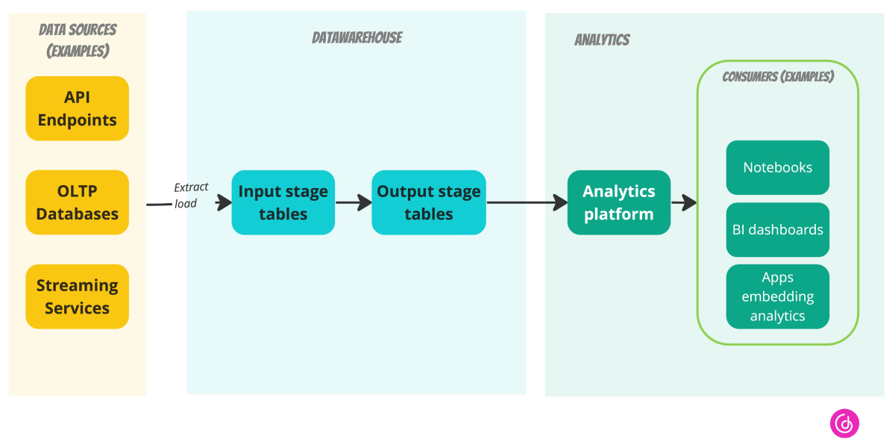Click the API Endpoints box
78,108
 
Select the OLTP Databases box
78,202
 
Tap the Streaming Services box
78,296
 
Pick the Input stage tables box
283,202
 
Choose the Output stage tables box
429,202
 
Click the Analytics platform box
619,202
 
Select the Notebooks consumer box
778,167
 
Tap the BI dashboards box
778,230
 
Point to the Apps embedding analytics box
778,296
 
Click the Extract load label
191,195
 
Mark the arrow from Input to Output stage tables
354,202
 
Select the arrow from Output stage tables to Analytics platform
527,202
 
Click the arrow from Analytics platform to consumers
684,202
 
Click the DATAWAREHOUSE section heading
357,38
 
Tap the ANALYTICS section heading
602,40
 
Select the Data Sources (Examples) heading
78,40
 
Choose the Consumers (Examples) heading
778,77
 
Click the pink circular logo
844,423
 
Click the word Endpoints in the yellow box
78,119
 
